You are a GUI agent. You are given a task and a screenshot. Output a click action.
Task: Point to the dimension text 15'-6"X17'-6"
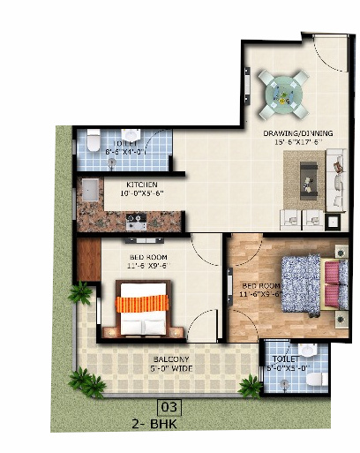[295, 143]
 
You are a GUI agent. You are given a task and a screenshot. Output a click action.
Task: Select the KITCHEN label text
[141, 184]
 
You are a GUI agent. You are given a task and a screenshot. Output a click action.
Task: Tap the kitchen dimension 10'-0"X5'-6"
[142, 193]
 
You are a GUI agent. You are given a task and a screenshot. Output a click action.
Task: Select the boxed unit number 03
[169, 407]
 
